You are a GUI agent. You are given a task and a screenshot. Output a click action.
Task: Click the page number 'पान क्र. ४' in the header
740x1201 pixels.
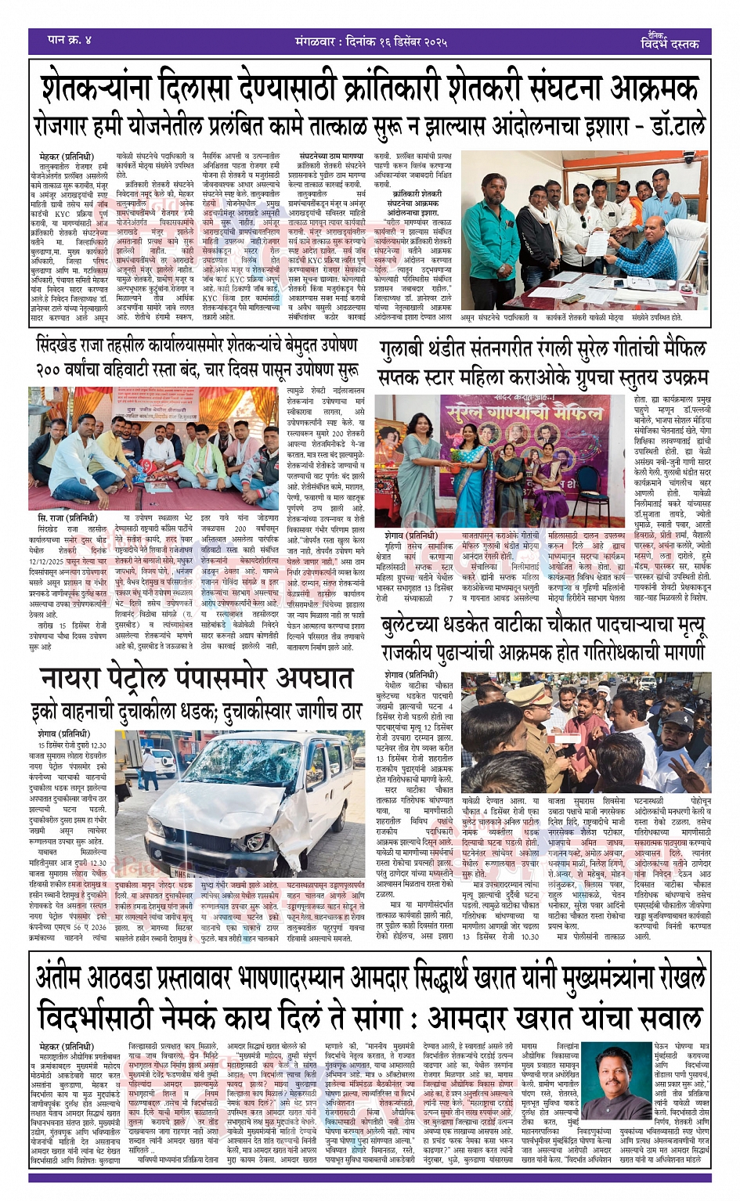[70, 39]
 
